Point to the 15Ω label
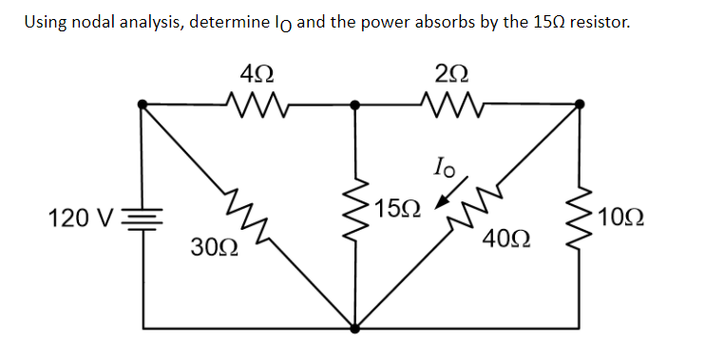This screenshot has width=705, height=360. tap(394, 208)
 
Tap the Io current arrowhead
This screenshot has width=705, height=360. tap(440, 203)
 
